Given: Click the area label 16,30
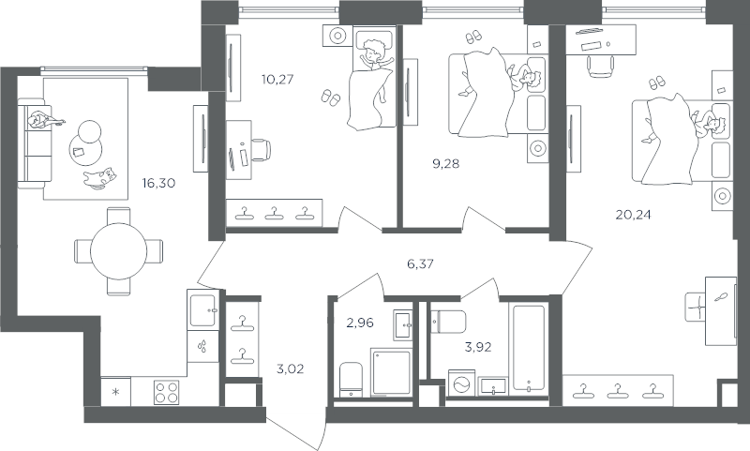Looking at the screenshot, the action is pos(158,183).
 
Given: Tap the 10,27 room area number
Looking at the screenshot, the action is pos(277,79).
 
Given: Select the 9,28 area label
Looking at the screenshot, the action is pos(445,163).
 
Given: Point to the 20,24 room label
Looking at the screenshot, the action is pos(634,215).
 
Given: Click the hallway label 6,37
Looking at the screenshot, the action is pos(420,263).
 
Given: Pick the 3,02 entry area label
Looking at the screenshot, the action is pos(291,369).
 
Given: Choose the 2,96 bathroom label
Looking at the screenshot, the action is pos(360,323).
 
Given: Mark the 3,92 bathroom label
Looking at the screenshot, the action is pos(478,347).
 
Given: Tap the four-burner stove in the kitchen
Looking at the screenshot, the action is pos(167,392).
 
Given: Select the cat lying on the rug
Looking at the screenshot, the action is pos(100,178).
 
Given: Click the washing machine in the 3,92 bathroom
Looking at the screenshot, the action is pos(461,383).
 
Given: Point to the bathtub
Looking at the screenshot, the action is pos(529,348).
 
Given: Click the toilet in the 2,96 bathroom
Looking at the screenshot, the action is pos(352,379).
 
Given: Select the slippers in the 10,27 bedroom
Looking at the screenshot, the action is pos(331,97).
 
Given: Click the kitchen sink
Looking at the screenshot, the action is pos(203,310).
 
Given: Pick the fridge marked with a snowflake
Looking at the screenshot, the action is pos(115,392).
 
